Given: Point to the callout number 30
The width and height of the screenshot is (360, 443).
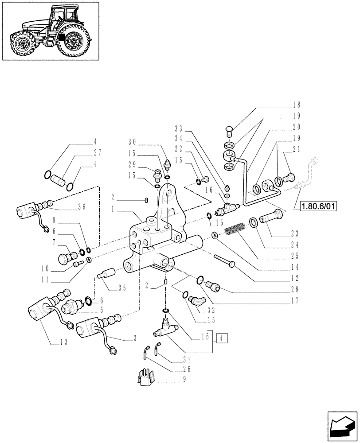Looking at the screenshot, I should coord(133,143).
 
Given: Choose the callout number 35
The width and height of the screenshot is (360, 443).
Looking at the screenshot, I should coord(120,288).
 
